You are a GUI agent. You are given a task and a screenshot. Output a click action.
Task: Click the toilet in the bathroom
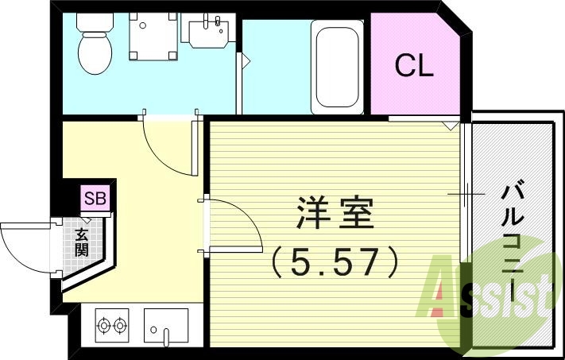point(93,49)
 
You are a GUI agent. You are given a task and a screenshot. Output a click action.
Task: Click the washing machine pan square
point(153,38)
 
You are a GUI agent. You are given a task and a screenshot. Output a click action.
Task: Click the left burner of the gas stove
point(104,324)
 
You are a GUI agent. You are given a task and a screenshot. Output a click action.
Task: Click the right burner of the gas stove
point(121,324)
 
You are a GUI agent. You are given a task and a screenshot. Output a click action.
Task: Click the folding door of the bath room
point(242,60)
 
